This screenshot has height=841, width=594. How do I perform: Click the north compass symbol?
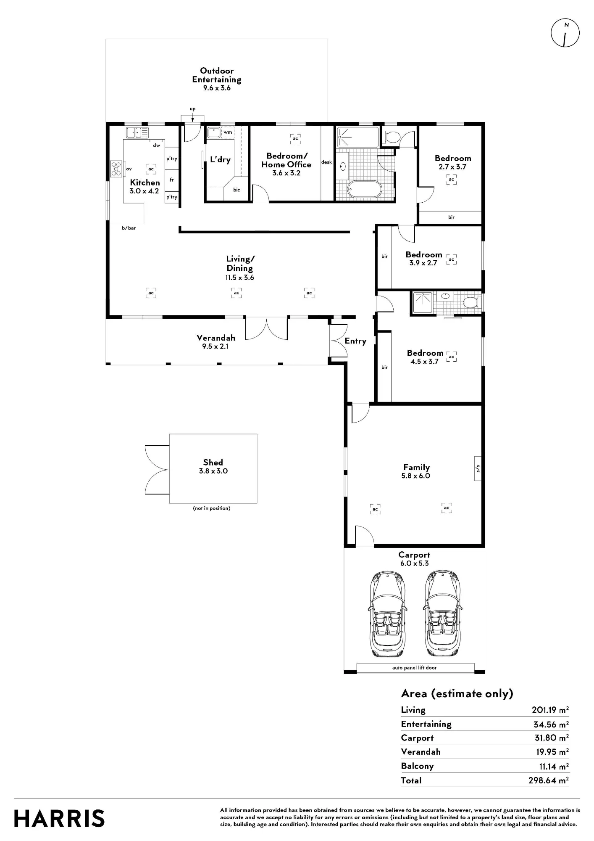(x=565, y=33)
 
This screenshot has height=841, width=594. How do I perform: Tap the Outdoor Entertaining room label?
(x=217, y=75)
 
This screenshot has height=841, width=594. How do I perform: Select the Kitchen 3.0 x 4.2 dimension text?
(x=144, y=191)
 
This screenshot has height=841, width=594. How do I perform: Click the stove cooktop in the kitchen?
(x=116, y=169)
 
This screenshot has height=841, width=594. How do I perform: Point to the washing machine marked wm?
(x=228, y=132)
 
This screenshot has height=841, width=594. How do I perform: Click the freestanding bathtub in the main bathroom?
(x=364, y=189)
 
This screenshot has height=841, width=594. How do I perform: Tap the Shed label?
(x=213, y=463)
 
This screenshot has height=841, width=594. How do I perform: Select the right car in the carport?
(x=442, y=614)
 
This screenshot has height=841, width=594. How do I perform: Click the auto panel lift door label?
(x=415, y=668)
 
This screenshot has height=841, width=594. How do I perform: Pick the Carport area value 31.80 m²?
(x=551, y=738)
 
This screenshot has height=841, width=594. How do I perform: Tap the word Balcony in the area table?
(x=417, y=766)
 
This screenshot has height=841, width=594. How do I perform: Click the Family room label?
(x=416, y=467)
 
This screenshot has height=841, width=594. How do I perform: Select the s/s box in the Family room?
(x=478, y=469)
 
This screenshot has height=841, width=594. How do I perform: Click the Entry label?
(x=355, y=341)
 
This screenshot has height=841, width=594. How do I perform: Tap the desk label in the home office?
(x=326, y=162)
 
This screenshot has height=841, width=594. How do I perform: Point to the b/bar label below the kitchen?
(x=129, y=228)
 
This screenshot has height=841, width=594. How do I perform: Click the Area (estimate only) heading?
(x=457, y=694)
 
